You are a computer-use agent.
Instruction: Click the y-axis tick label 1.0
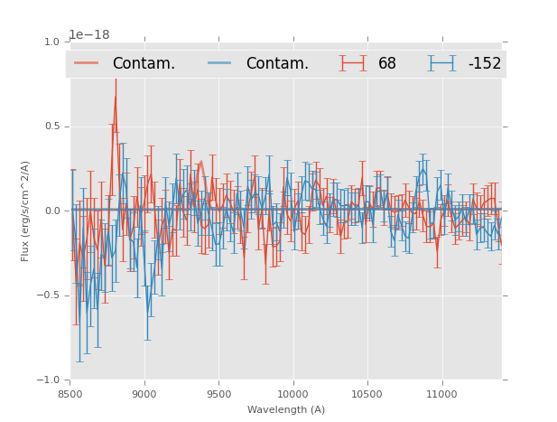51,42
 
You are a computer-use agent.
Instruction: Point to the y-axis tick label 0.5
51,127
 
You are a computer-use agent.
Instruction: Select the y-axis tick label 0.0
51,211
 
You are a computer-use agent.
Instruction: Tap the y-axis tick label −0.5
49,295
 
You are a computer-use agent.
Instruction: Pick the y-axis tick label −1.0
49,380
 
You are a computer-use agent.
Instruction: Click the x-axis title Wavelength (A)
286,410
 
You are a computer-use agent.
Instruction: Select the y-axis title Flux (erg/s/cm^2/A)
25,211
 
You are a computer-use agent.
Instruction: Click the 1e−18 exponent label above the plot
89,35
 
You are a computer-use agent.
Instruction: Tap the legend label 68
387,64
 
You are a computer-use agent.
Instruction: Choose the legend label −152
484,64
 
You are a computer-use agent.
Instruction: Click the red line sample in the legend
87,63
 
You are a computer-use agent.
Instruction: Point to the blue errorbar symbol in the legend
442,63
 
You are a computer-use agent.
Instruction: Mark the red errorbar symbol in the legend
353,63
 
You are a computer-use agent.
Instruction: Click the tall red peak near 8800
115,97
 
